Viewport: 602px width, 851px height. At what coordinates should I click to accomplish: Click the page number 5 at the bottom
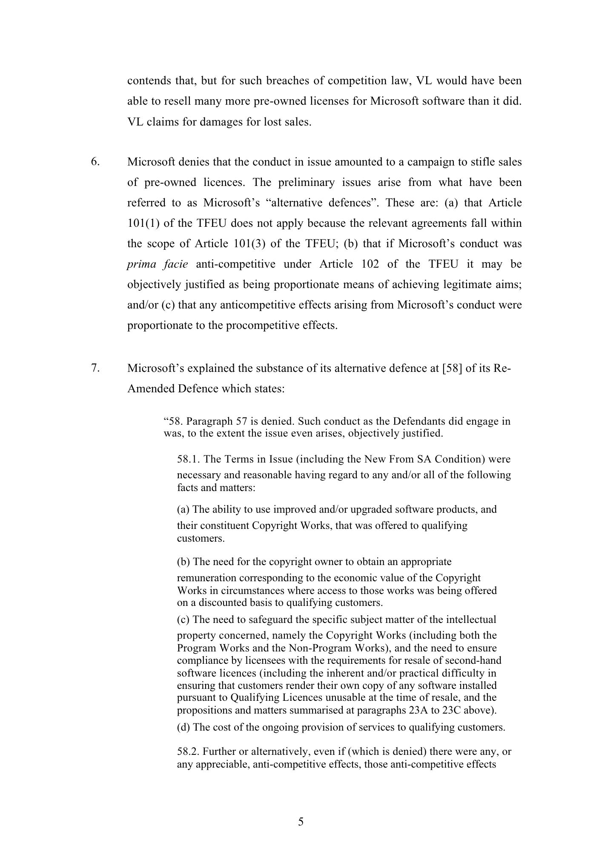[x=301, y=822]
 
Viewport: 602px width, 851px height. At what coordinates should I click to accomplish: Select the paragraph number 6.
[x=95, y=162]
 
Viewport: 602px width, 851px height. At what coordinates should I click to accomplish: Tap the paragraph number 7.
[x=95, y=368]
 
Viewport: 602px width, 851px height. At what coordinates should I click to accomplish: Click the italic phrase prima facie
[x=158, y=264]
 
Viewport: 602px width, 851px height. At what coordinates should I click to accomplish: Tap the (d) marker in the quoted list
[x=183, y=727]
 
